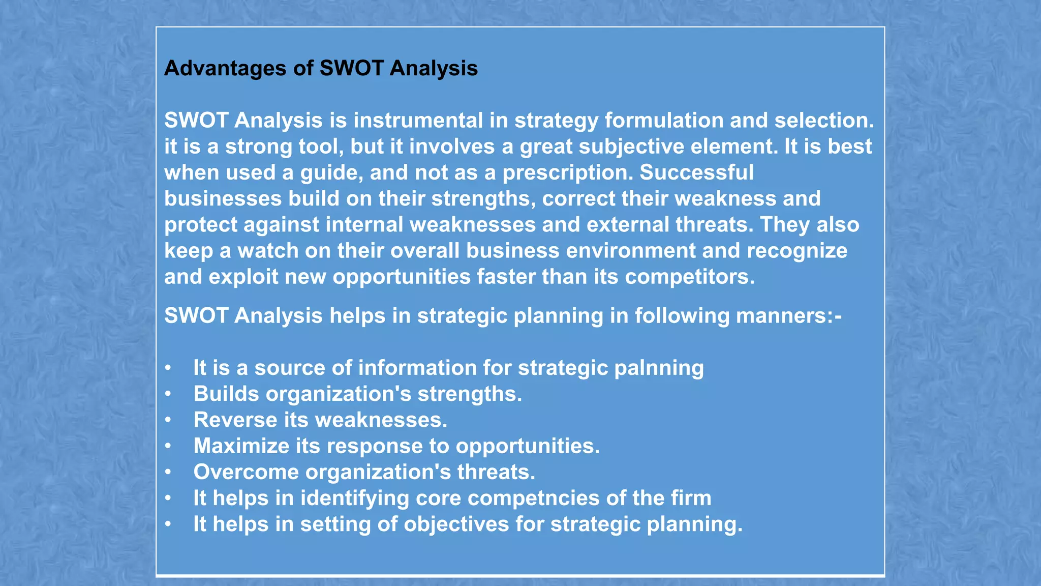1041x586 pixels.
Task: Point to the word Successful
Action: click(696, 172)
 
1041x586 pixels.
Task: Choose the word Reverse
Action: click(235, 420)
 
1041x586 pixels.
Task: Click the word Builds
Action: click(226, 394)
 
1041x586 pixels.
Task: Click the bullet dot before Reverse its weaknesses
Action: click(168, 421)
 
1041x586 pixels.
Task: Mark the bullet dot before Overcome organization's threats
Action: click(168, 473)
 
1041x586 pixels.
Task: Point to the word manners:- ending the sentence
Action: click(788, 316)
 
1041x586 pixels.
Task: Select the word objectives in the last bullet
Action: click(456, 524)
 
